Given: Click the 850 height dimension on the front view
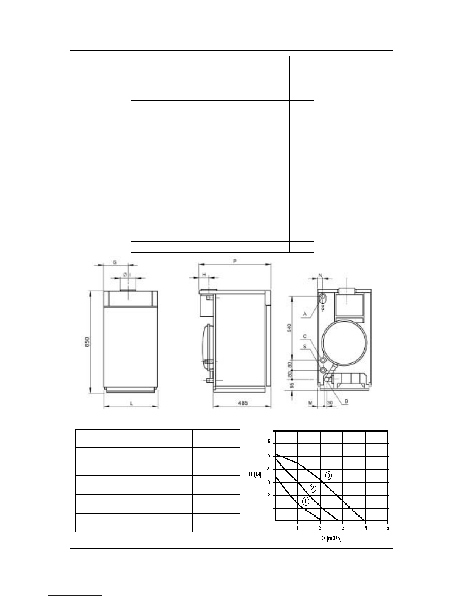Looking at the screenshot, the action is point(87,342).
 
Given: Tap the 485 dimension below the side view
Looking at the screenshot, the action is point(243,403).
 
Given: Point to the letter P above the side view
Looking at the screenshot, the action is point(235,261).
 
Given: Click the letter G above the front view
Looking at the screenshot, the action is point(115,262).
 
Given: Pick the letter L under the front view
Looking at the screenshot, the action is point(131,403).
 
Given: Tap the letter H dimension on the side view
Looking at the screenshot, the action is point(204,274).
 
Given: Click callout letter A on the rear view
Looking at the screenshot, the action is point(305,314).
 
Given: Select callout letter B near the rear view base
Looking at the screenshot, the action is point(346,401).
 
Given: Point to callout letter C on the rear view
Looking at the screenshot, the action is point(305,336).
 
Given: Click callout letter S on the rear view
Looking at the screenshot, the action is point(305,346).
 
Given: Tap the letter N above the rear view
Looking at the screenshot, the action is point(321,276).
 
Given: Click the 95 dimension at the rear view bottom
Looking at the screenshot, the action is point(291,385).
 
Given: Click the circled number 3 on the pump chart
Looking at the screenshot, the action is point(328,475).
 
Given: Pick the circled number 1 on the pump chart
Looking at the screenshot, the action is point(306,501).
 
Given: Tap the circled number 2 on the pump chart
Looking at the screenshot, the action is point(313,488).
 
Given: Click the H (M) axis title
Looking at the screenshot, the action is point(255,474).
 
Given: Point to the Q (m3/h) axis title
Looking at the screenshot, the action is point(331,538).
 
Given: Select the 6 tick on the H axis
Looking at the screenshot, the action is point(269,441).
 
